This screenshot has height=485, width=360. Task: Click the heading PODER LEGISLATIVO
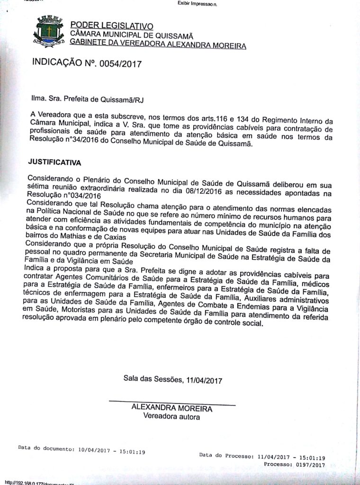[x=111, y=25]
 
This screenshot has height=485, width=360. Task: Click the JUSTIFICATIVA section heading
[x=54, y=162]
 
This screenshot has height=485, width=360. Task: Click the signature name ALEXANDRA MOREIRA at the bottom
[x=172, y=408]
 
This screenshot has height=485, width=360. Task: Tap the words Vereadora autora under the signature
[x=171, y=417]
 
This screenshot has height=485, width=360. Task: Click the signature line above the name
[x=172, y=403]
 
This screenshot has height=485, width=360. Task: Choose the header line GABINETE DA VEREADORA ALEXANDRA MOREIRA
[x=158, y=45]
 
